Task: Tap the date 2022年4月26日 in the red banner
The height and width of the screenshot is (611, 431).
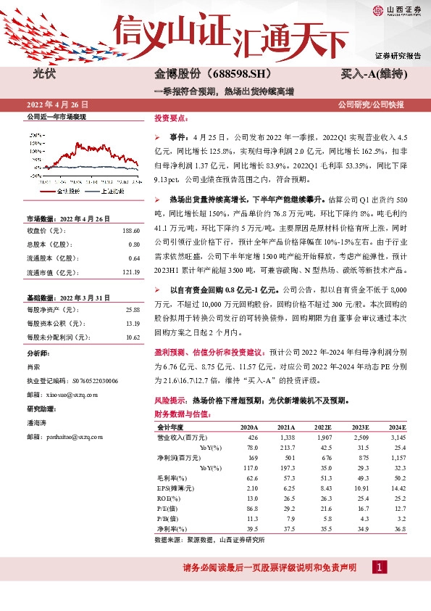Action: point(62,104)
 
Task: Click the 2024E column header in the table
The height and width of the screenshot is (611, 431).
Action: point(396,427)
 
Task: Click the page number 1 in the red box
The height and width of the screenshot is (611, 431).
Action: point(378,567)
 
